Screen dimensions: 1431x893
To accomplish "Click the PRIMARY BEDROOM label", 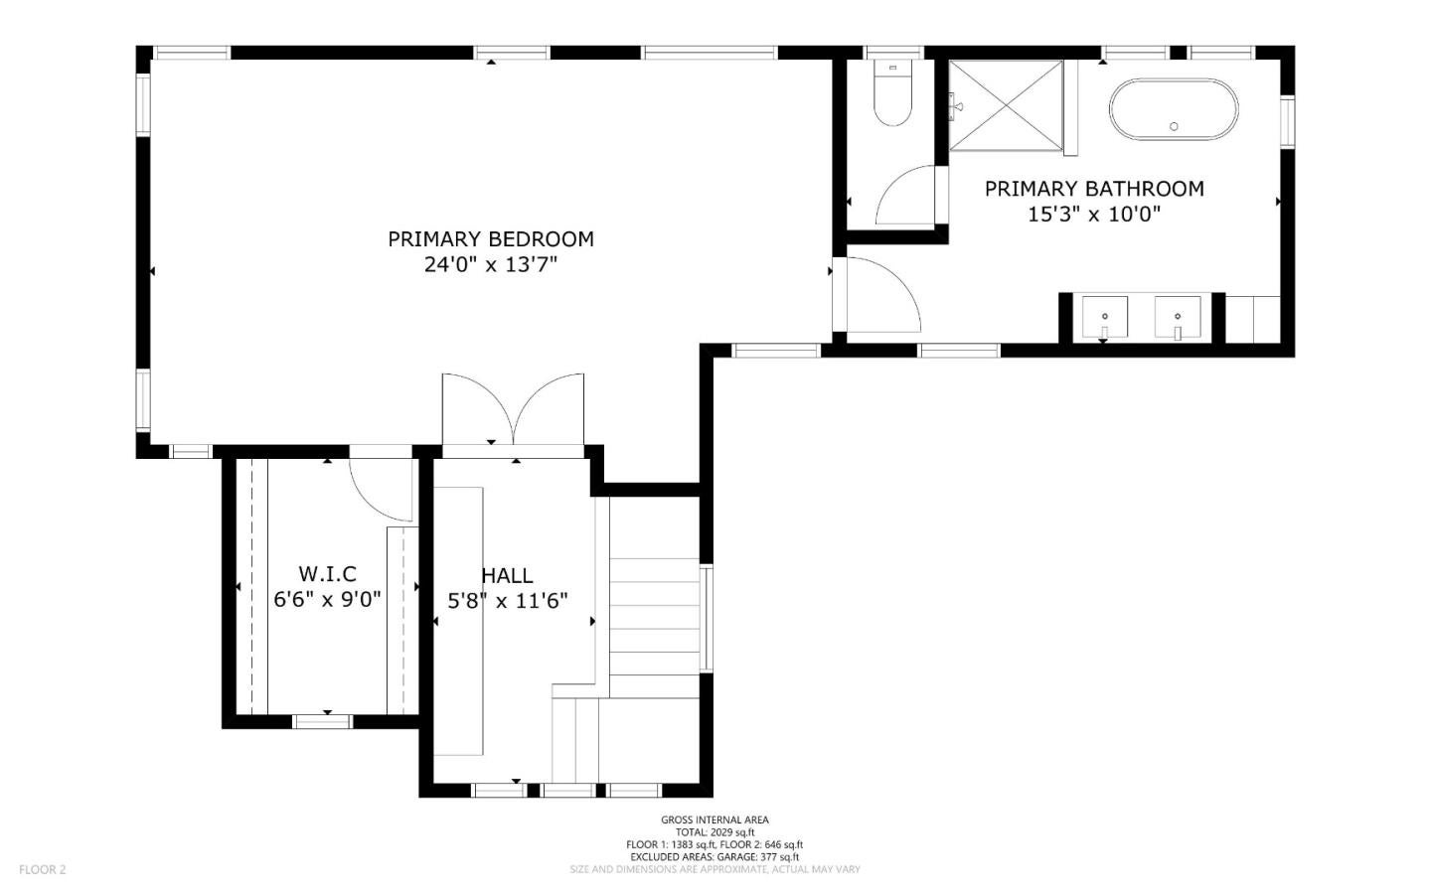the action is (x=491, y=239).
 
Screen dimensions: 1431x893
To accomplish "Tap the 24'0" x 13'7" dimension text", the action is (x=491, y=264).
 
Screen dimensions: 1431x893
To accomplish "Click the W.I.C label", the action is (x=327, y=573).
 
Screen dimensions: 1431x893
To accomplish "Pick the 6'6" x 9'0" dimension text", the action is (x=327, y=599).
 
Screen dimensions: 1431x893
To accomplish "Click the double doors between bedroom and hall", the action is (x=513, y=409).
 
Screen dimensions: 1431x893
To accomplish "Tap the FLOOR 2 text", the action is (x=42, y=869).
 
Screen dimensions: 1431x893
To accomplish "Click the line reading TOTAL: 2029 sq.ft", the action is (x=715, y=832).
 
